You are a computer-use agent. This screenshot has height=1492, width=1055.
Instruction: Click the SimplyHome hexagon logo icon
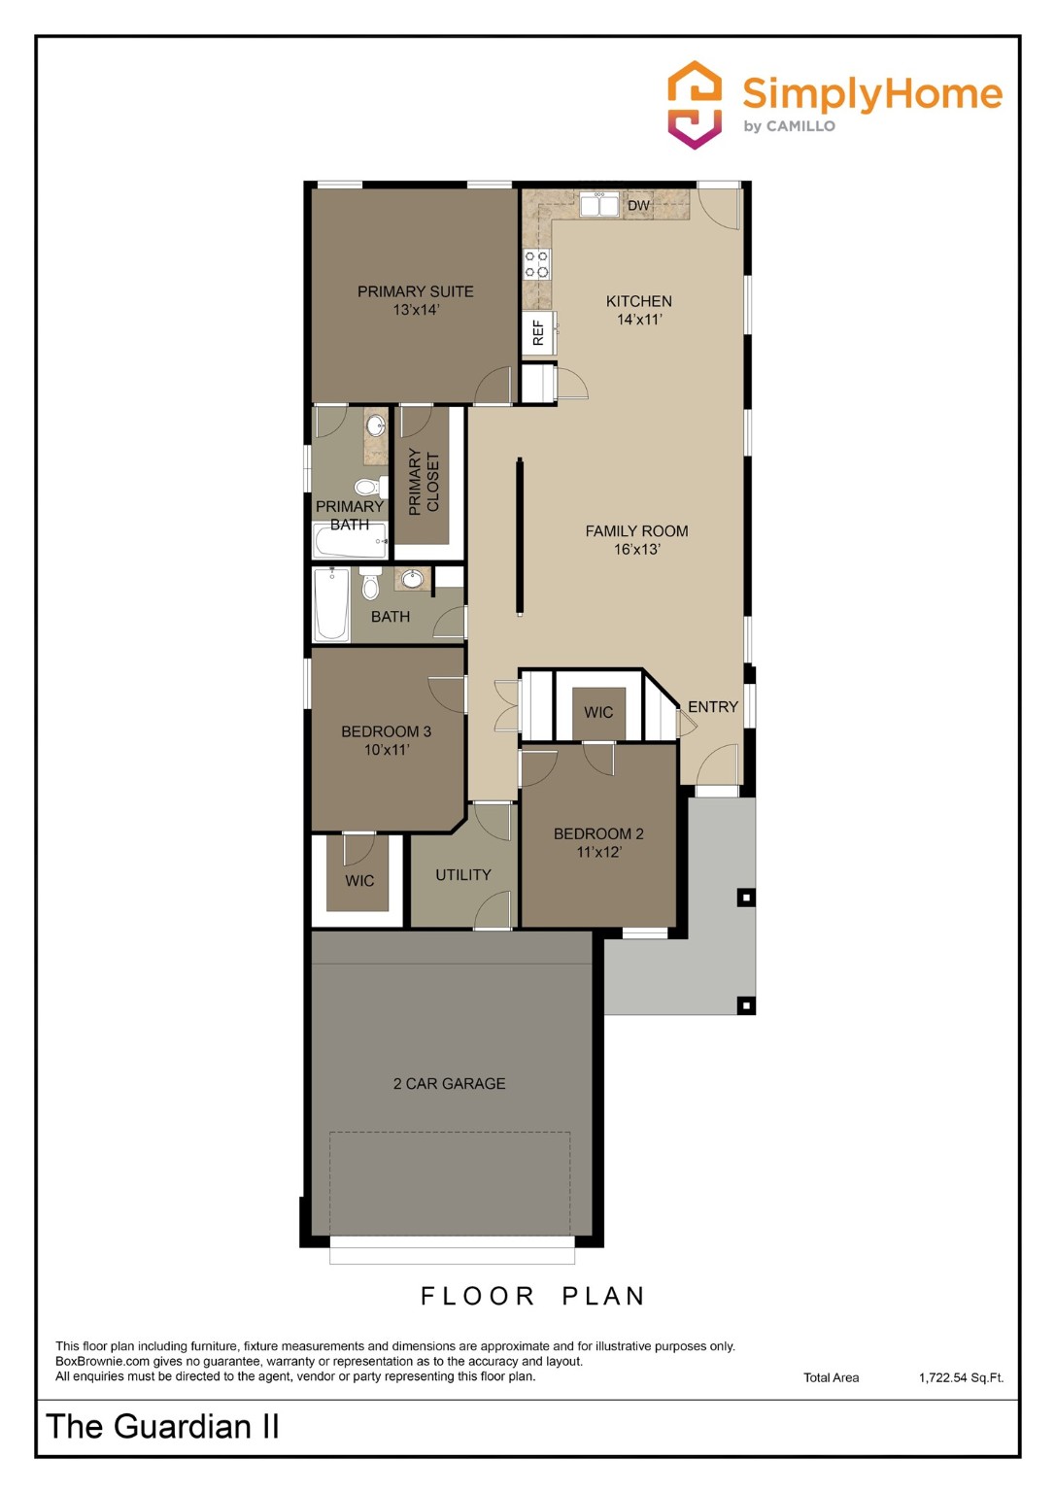pos(695,105)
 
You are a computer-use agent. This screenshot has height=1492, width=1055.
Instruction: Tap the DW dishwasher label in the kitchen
pos(638,206)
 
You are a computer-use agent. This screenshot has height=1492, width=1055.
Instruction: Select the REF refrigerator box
pos(537,333)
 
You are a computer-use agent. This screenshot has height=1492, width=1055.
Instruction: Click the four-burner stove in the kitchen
pos(536,264)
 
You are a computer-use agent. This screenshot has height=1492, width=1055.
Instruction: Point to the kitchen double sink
pos(598,205)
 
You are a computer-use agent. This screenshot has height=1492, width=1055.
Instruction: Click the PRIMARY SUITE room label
pos(415,291)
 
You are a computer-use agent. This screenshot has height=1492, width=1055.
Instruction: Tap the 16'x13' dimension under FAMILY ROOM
pos(636,550)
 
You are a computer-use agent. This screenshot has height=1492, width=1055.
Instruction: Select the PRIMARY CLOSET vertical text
pos(425,482)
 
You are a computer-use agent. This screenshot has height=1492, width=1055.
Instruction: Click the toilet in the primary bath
pos(367,487)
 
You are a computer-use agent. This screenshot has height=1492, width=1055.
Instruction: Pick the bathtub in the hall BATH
pos(331,604)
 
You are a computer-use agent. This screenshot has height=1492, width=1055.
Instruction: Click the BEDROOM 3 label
pos(386,731)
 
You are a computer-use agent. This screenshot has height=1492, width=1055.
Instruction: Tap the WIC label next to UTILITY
pos(359,881)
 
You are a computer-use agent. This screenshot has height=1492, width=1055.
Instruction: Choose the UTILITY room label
pos(462,875)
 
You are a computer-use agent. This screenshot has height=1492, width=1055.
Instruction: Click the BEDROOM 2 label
pos(598,833)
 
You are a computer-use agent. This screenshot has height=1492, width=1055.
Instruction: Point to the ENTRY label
pos(713,707)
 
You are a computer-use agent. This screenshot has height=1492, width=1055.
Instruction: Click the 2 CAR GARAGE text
pos(449,1084)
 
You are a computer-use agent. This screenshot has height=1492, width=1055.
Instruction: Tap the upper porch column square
pos(746,898)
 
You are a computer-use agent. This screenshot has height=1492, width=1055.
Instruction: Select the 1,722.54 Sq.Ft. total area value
pos(961,1377)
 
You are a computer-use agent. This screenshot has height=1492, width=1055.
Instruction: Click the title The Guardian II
pos(162,1427)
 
